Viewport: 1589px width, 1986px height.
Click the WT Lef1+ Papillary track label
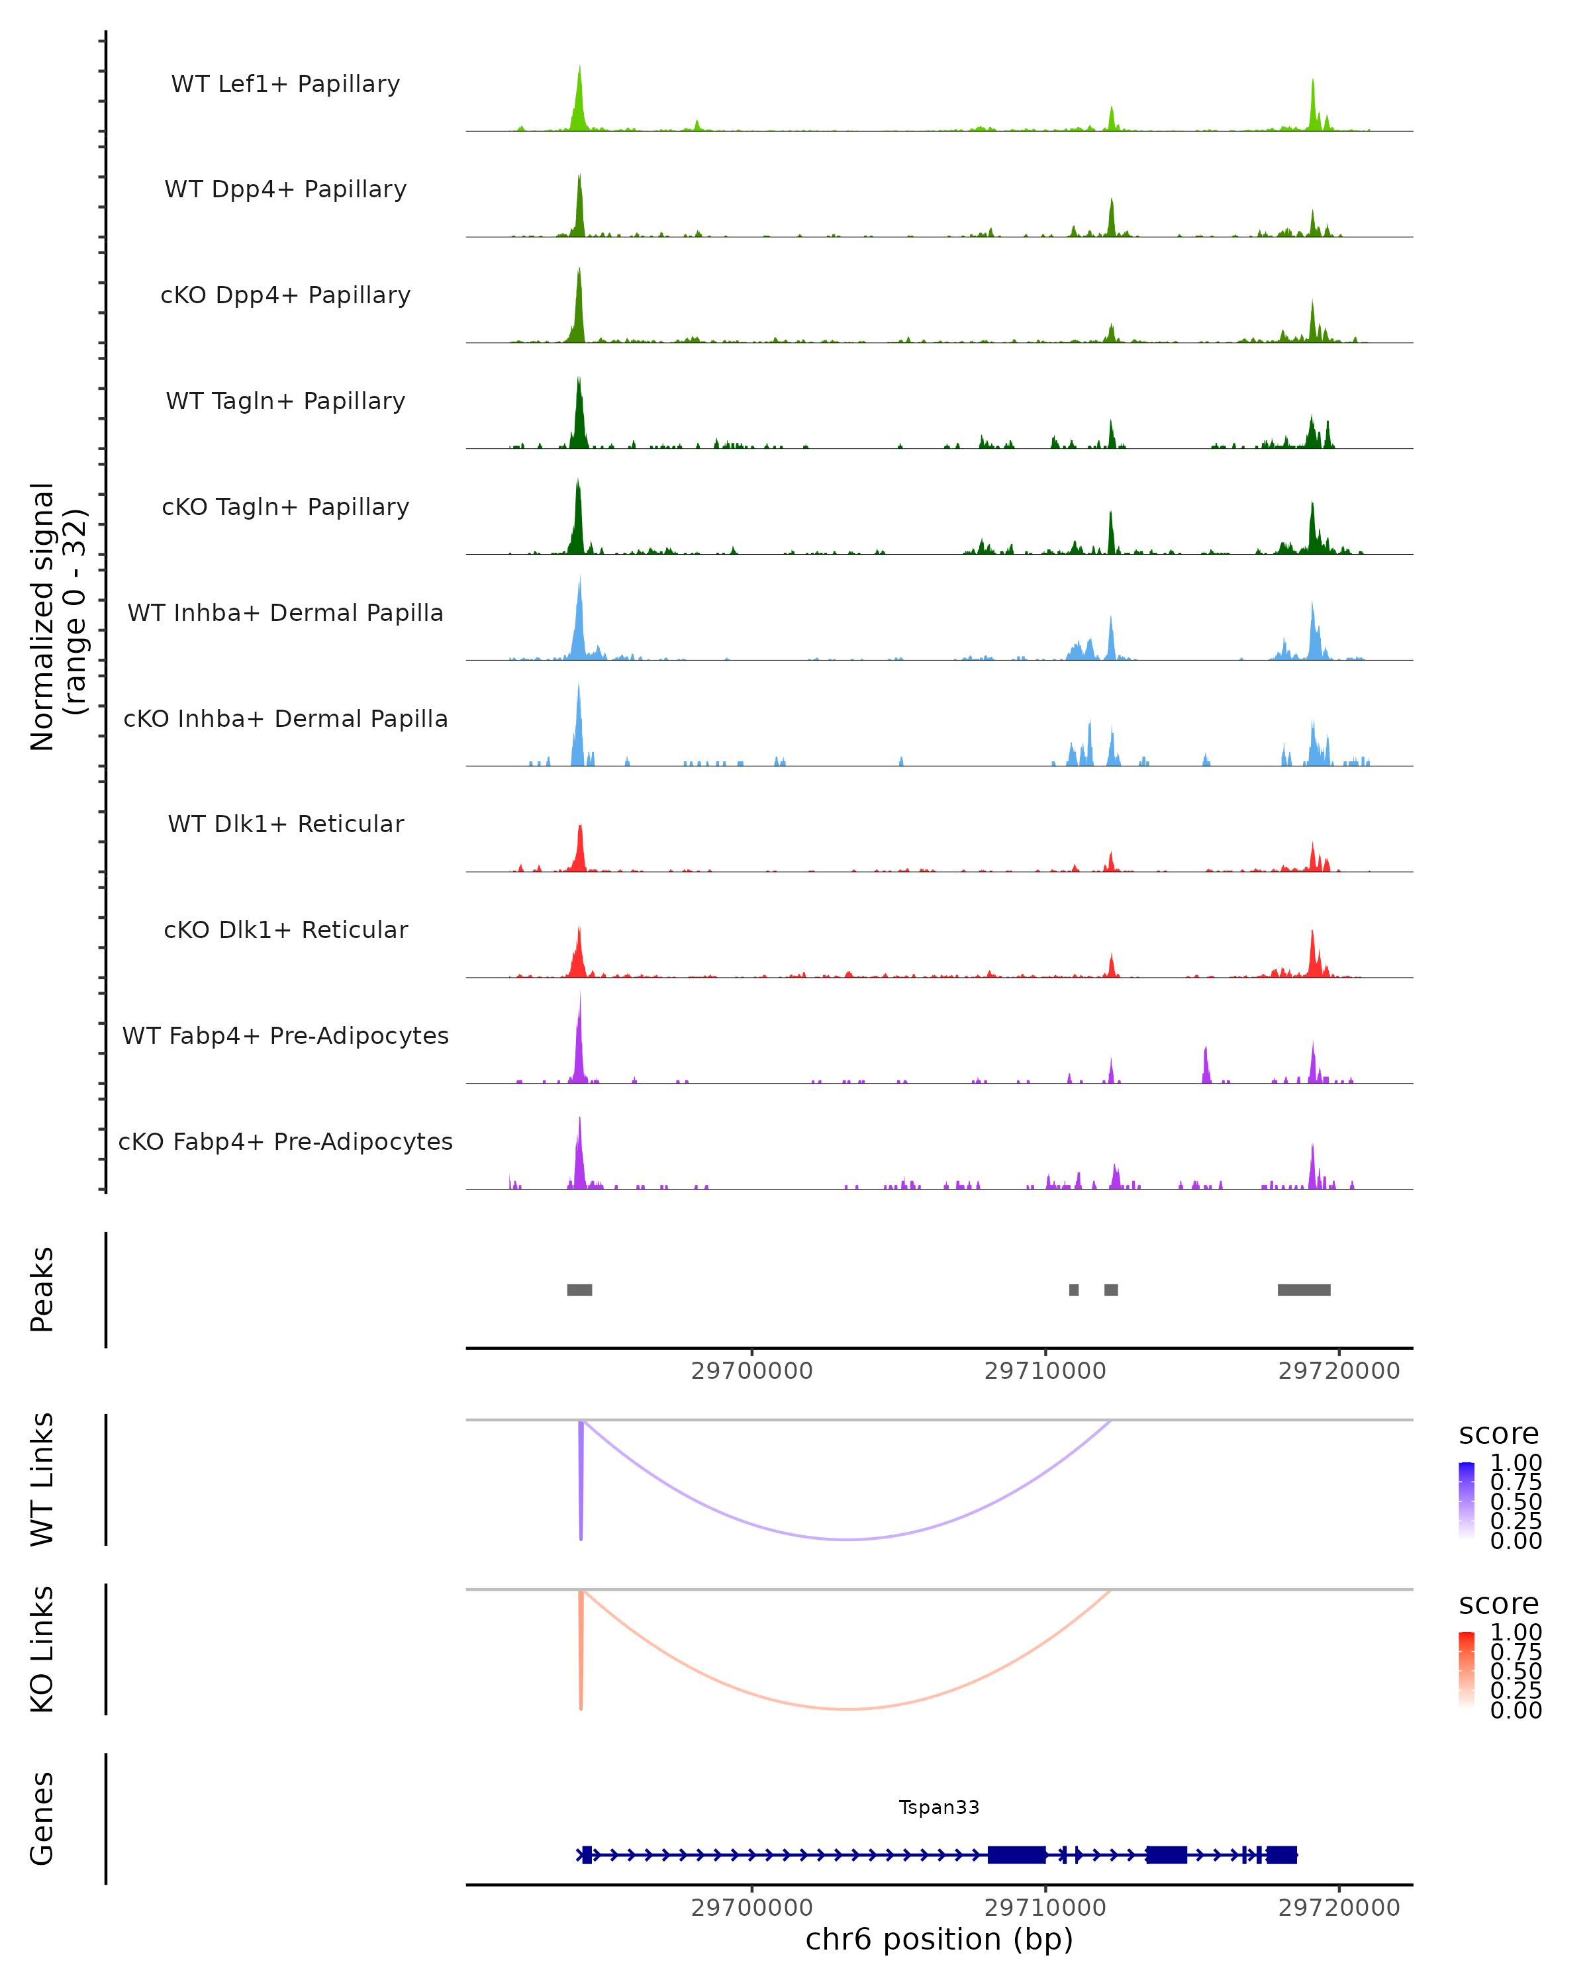tap(285, 84)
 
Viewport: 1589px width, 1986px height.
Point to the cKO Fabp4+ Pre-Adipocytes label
tap(285, 1141)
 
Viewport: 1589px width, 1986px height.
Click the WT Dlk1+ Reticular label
tap(285, 824)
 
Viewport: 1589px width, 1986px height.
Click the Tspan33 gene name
tap(939, 1807)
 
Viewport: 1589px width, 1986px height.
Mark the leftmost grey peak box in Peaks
tap(579, 1290)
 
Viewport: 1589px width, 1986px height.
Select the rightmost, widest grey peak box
tap(1304, 1290)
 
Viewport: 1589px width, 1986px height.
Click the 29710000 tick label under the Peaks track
tap(1045, 1371)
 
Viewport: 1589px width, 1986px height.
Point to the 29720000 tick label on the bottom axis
tap(1339, 1908)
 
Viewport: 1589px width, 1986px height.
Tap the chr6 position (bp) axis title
tap(939, 1939)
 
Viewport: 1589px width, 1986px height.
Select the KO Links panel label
tap(42, 1649)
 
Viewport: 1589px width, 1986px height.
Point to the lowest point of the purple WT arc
tap(847, 1539)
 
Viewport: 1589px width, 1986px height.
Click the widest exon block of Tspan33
tap(1016, 1854)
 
